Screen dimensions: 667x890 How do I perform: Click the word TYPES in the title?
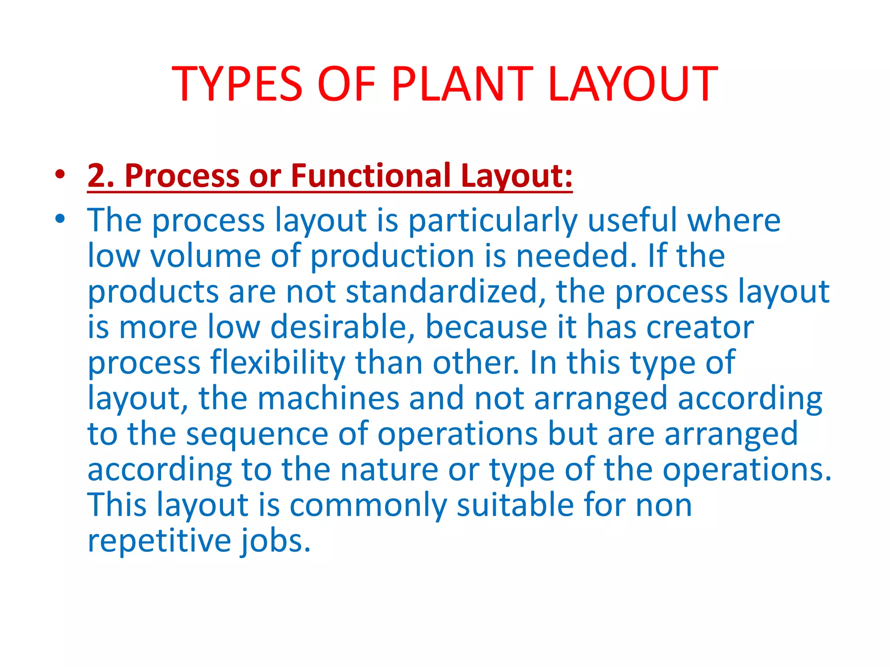(x=237, y=83)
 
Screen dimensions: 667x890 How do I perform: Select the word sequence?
(x=257, y=434)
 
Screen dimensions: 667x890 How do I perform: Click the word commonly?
(x=368, y=505)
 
